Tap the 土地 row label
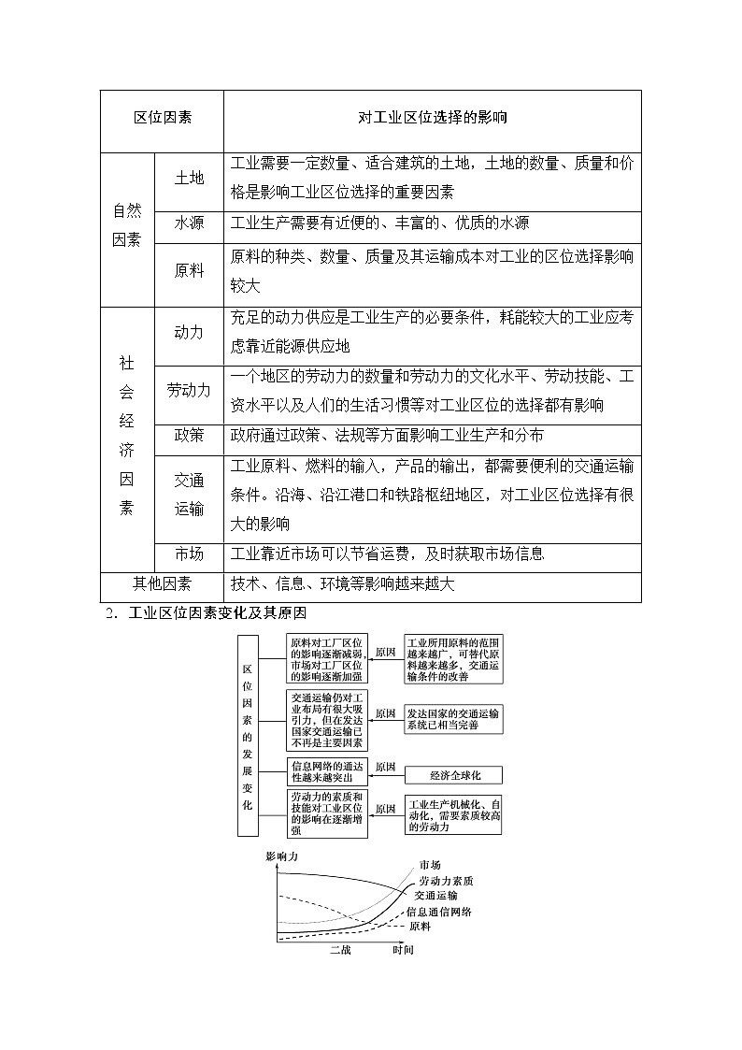tap(189, 179)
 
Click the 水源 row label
tap(189, 223)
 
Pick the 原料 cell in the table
tap(189, 270)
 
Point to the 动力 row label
tap(189, 332)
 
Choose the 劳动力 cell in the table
tap(189, 391)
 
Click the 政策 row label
tap(189, 436)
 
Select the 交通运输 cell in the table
tap(189, 495)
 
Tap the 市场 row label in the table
tap(189, 554)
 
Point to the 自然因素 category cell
tap(127, 225)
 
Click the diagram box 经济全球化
tap(453, 775)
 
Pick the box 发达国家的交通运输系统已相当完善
tap(453, 718)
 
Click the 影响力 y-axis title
tap(282, 856)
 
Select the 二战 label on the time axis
tap(340, 950)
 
